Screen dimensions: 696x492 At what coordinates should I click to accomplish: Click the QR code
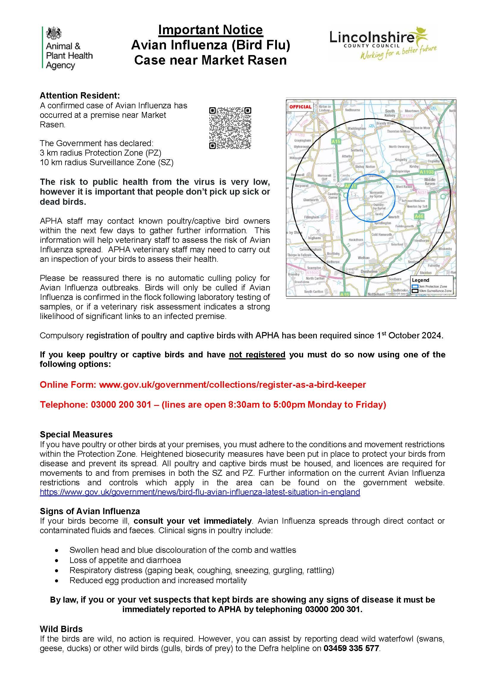pos(230,128)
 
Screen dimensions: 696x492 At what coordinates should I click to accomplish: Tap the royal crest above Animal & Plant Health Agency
pos(54,33)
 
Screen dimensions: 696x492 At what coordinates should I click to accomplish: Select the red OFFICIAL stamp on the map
pos(300,107)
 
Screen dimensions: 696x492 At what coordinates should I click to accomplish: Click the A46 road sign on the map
pos(419,216)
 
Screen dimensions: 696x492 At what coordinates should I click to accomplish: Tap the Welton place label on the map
pos(363,258)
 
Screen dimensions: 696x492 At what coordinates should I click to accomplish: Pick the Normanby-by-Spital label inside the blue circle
pos(376,194)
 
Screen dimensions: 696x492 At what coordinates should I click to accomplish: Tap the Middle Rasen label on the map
pos(430,182)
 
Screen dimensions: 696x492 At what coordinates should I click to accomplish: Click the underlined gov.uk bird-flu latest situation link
pos(200,492)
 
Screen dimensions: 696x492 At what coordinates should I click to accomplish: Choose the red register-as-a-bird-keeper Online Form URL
pos(232,385)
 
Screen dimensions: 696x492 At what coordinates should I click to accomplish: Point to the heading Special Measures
pos(76,434)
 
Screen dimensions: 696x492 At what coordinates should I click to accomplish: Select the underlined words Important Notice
pos(211,30)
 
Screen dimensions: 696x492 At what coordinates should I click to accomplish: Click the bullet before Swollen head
pos(57,550)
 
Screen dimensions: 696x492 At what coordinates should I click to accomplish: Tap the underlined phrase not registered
pos(257,354)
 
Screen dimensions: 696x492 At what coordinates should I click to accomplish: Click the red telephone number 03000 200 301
pos(121,405)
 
